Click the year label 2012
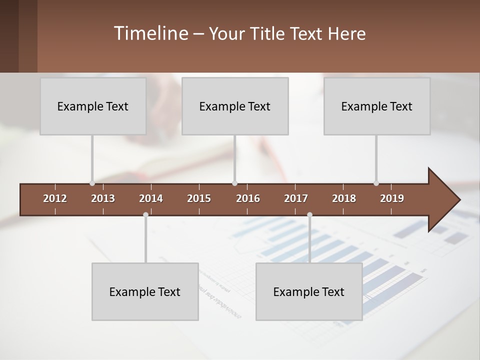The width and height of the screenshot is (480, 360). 55,198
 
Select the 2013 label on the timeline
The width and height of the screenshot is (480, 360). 103,198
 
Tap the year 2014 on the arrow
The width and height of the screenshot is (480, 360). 151,198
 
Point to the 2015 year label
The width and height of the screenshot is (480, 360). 199,198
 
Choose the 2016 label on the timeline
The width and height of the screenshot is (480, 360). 248,198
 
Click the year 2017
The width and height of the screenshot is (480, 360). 296,198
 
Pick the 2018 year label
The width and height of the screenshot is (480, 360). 344,198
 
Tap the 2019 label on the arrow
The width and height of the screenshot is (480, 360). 392,198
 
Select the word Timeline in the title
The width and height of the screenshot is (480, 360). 150,33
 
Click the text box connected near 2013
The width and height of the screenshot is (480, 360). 93,106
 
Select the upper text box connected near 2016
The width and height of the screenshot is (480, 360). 235,106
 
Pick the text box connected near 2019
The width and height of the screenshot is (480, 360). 377,106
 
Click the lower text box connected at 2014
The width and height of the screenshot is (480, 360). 145,291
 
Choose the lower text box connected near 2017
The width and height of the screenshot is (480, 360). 309,291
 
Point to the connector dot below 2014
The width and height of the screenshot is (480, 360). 145,215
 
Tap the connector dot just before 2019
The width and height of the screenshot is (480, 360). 376,183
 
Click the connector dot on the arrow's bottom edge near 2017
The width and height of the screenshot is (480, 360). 309,215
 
